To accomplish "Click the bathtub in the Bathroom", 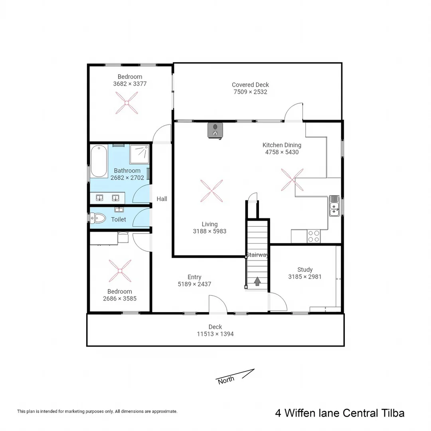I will pos(99,162).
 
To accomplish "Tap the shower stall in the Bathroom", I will pos(140,153).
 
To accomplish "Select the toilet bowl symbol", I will pos(98,218).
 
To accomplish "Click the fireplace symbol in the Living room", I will pos(215,130).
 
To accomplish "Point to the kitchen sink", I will pos(334,206).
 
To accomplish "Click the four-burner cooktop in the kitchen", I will pos(313,236).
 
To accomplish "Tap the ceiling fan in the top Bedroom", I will pos(127,103).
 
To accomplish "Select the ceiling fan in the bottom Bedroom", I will pos(120,271).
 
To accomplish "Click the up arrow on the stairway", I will pos(257,281).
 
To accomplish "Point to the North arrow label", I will pos(226,380).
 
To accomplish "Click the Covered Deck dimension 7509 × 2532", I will pos(250,92).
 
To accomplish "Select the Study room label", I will pos(305,270).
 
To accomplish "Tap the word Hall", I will pos(162,199).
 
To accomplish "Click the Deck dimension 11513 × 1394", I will pos(215,334).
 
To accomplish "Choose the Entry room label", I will pos(194,277).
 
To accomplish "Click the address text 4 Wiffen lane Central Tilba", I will pos(340,413).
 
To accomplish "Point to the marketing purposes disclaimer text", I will pos(97,411).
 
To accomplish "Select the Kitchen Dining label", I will pos(282,145).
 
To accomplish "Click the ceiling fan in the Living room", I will pos(211,191).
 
